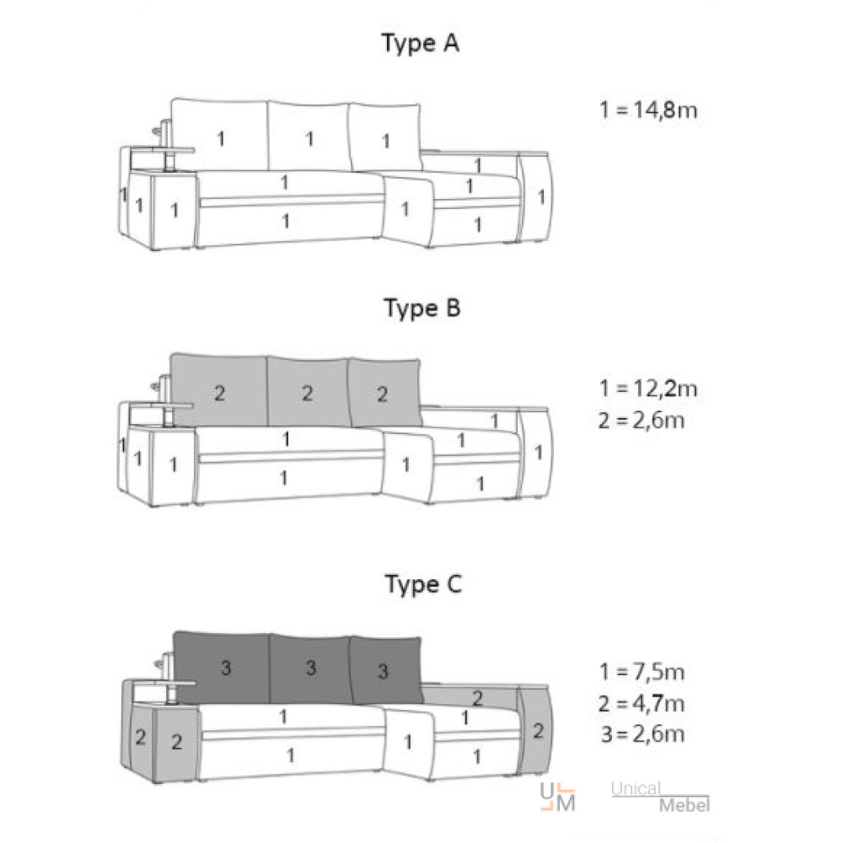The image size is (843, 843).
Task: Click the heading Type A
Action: [x=421, y=43]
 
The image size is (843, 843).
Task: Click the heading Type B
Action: [x=422, y=309]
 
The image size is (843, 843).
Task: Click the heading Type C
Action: [x=423, y=584]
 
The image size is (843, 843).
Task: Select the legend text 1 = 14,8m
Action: [x=648, y=110]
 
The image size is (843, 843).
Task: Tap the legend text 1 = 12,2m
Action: [x=648, y=388]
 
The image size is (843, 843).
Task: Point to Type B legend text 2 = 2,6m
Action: [x=642, y=420]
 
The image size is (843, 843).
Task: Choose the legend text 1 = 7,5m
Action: [x=642, y=672]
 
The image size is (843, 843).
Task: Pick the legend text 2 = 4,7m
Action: [x=642, y=703]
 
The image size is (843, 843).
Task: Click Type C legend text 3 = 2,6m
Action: [x=643, y=734]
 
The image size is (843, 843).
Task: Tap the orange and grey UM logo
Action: [x=557, y=797]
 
